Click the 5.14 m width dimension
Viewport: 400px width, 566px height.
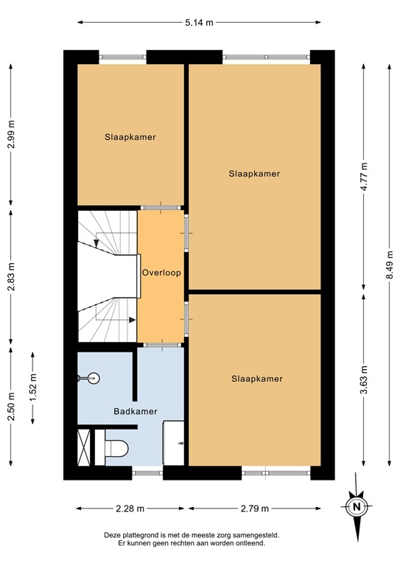[x=199, y=23]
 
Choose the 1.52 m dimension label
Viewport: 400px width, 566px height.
[x=32, y=388]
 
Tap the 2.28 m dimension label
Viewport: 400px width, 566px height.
[x=130, y=509]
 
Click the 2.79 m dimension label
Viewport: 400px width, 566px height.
[x=255, y=509]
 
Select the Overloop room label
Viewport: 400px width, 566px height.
[x=161, y=272]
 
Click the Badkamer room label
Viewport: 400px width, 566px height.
[x=135, y=411]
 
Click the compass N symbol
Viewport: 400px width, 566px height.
[x=357, y=506]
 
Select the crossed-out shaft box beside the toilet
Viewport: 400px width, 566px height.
[x=83, y=447]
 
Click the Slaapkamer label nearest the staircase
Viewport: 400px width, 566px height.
[x=130, y=136]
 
